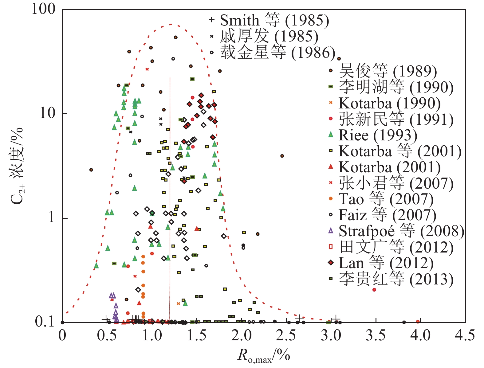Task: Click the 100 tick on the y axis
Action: pyautogui.click(x=44, y=9)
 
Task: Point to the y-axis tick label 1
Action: pyautogui.click(x=52, y=217)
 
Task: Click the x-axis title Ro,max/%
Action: pyautogui.click(x=264, y=356)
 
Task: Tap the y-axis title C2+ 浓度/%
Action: pyautogui.click(x=17, y=166)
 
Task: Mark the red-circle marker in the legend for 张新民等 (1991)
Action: pyautogui.click(x=331, y=119)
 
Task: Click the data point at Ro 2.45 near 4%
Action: pyautogui.click(x=282, y=156)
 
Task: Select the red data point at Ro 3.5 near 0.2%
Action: pyautogui.click(x=374, y=290)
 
